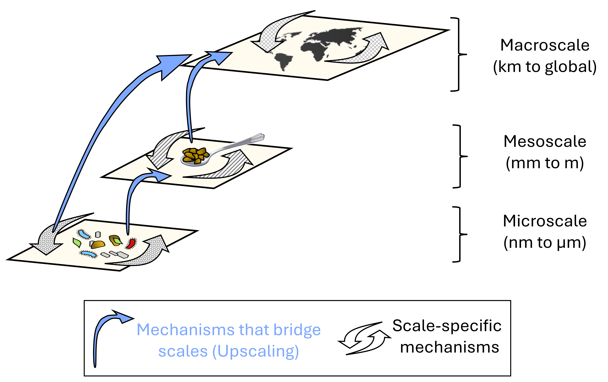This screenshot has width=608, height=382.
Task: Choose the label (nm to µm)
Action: pyautogui.click(x=545, y=243)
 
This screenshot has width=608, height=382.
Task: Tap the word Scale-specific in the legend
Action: pyautogui.click(x=447, y=326)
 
